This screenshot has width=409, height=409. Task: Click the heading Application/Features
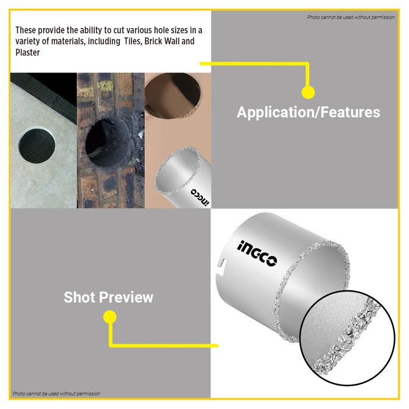coord(309,113)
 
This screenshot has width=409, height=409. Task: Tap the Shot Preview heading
coord(109,297)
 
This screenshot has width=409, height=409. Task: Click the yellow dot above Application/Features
coord(308,92)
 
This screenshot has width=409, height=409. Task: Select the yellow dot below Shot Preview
coord(110,317)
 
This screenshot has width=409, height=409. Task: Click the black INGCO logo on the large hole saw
coord(257,253)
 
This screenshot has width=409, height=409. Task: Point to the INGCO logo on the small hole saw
coord(200,197)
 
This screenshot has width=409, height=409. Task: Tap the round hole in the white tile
coord(37,145)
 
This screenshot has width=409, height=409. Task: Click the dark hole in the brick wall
coord(108,143)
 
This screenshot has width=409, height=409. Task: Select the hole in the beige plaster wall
coord(173,95)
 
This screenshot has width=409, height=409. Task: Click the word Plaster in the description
coord(27,53)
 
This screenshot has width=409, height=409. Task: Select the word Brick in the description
coord(153,41)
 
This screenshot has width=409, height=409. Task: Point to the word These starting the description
coord(25,30)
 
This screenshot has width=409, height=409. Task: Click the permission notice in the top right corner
coord(351,17)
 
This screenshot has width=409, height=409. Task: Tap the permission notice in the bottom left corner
coord(56,394)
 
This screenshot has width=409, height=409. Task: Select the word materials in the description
coord(68,41)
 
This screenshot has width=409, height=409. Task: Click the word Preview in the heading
coord(126,297)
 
